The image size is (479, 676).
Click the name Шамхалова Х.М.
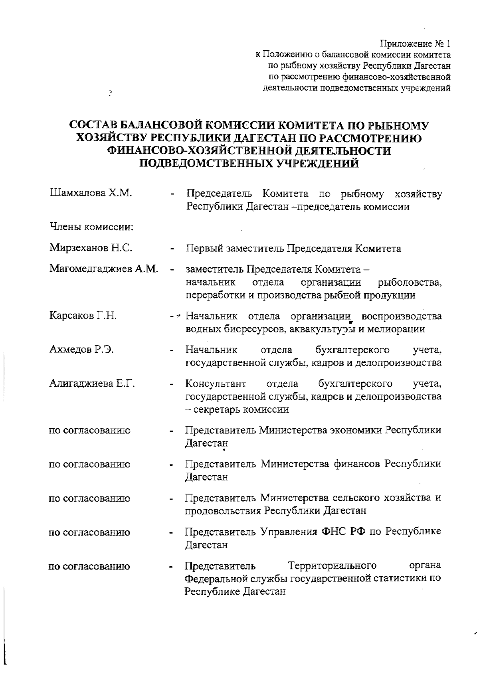(91, 194)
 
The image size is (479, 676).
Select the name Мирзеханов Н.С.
(91, 248)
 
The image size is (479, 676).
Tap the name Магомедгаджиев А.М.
(104, 269)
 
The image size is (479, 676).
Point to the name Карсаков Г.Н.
(83, 316)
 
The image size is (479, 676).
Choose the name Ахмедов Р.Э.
(81, 350)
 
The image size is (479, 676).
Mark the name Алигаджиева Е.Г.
(92, 384)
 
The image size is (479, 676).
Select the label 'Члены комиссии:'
(91, 227)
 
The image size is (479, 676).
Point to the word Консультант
(216, 384)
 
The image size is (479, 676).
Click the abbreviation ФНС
(334, 532)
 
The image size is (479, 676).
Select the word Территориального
(333, 566)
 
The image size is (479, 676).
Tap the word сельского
(355, 498)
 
